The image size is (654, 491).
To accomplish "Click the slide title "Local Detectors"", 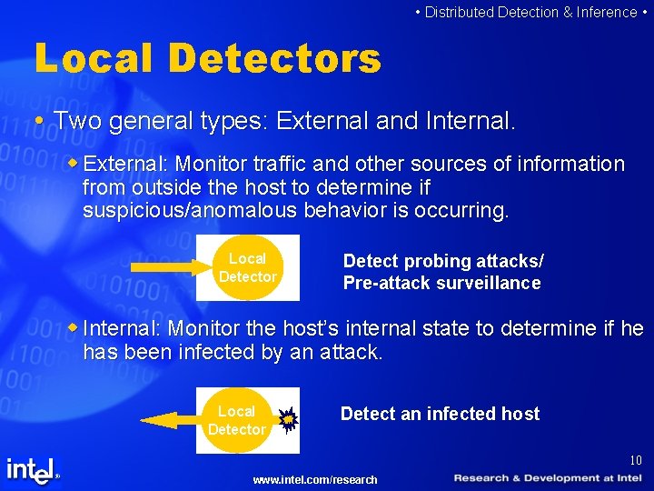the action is [207, 59].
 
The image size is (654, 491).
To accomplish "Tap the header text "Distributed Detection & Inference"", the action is [530, 12].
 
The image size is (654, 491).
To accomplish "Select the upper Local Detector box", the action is [248, 267].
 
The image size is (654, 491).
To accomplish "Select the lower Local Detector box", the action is [237, 420].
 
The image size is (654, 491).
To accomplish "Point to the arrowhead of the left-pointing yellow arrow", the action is [154, 420].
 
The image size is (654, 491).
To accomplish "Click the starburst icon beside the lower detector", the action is [287, 419].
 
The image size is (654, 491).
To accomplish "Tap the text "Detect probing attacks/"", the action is [443, 261].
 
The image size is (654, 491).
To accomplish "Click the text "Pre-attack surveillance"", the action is [441, 283].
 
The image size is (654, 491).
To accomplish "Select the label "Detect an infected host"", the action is [440, 414].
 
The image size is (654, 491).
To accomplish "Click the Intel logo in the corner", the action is [33, 470].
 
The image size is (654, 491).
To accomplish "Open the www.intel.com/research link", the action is [315, 479].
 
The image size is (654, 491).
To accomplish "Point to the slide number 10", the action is [635, 460].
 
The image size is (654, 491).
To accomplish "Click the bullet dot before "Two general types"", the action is [39, 121].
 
